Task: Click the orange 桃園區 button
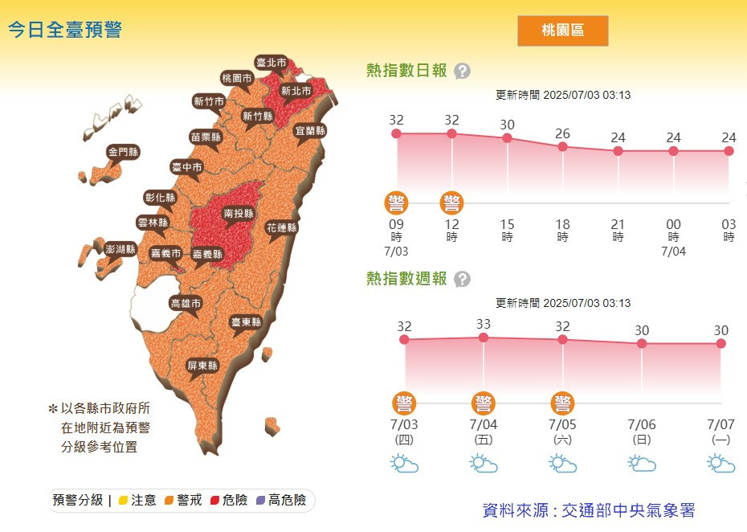562,31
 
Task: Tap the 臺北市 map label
271,62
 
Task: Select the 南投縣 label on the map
239,214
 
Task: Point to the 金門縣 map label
123,151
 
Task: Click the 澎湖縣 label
120,249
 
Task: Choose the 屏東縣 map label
202,365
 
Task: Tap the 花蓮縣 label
282,227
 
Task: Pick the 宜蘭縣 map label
310,130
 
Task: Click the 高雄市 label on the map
186,304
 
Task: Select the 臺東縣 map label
247,321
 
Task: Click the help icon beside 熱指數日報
462,72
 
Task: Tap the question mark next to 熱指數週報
462,279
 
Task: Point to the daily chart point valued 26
562,146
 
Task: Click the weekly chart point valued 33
484,338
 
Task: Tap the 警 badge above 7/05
562,403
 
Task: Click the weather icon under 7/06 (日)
642,464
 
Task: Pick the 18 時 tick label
562,231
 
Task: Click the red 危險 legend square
214,501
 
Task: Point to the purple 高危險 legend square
260,501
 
